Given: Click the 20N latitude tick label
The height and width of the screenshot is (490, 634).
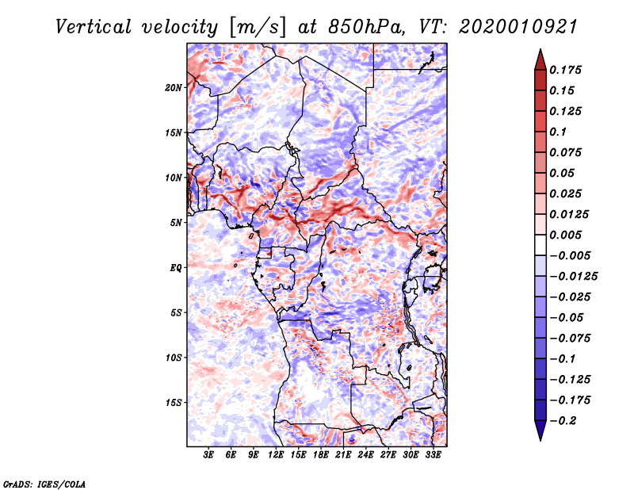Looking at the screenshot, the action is pos(174,88).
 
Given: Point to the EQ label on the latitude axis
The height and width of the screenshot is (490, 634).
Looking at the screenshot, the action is pos(176,268).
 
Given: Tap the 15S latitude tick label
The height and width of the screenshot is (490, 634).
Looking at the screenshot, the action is pos(174,403).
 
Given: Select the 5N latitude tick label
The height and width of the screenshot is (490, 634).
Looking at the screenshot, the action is pos(176,223).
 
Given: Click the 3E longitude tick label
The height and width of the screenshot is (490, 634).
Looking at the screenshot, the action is pos(208,455).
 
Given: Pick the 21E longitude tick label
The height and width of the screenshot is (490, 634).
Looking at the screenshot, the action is pos(343,455).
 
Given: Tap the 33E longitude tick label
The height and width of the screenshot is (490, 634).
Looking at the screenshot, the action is pos(433,455).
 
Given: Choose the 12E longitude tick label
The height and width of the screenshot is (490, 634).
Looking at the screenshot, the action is pos(275,455).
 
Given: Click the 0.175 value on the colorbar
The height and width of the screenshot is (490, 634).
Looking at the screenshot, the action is pos(565,70).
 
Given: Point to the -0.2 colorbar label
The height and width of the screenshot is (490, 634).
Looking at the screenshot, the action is pos(563,421).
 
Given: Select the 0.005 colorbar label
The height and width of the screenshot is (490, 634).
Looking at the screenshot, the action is pos(565,235).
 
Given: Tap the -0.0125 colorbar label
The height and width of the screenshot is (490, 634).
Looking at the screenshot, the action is pos(574,277).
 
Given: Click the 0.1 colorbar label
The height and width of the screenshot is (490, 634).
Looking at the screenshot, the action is pos(558,132).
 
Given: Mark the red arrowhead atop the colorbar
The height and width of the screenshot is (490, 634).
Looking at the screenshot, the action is pos(540,59).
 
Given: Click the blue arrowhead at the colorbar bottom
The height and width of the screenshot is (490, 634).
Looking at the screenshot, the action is pos(540,431).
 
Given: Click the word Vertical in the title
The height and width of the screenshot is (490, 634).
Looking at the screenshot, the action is pos(94,27).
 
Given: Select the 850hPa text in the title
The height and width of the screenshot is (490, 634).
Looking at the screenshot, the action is pos(366,27).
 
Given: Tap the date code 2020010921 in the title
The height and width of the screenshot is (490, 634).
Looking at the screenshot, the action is pos(518,27).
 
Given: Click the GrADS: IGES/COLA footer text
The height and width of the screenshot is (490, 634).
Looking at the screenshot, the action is pos(44,484).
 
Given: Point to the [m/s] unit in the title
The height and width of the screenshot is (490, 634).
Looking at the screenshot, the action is pos(258,28).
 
